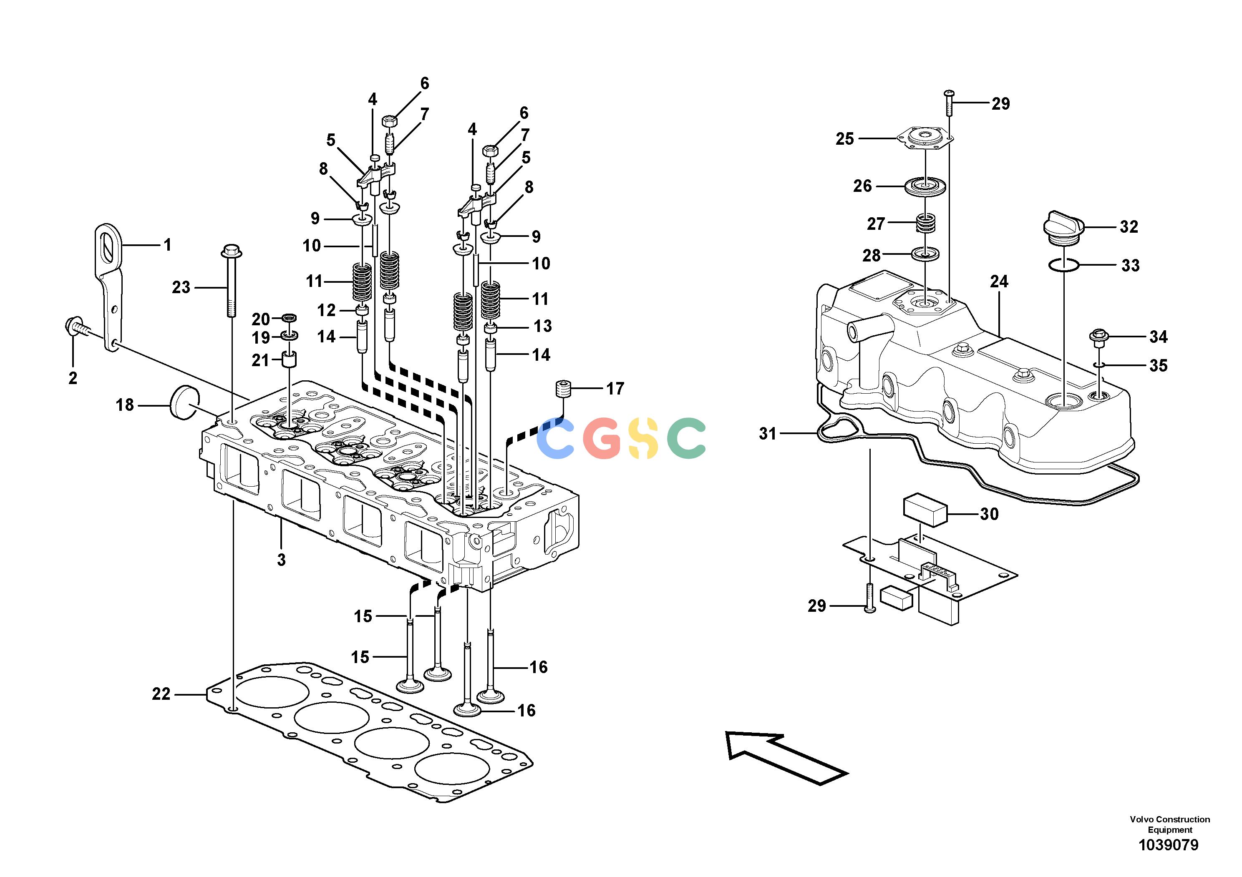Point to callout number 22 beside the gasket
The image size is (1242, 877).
pyautogui.click(x=161, y=694)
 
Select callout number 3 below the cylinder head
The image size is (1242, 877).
pyautogui.click(x=281, y=560)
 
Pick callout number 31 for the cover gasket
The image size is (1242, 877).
pyautogui.click(x=768, y=433)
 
